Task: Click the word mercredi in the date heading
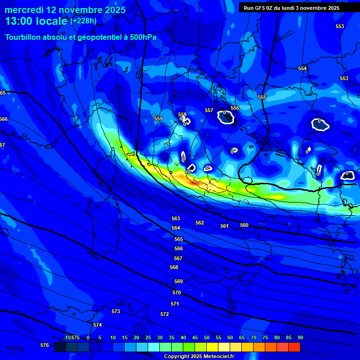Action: click(23, 10)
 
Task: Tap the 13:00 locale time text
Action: click(36, 21)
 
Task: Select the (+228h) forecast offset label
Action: click(83, 21)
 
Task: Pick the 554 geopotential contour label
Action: click(302, 68)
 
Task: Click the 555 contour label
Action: click(262, 97)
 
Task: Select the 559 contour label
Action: click(158, 119)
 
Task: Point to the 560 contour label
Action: click(244, 225)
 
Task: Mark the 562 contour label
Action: click(200, 223)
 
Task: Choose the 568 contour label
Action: click(174, 267)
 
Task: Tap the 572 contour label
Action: click(165, 314)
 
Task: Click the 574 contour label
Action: click(97, 325)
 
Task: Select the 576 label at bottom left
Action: click(45, 345)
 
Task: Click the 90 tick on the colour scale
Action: click(300, 337)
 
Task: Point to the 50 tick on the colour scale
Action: click(207, 337)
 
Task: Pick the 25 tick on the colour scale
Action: click(148, 337)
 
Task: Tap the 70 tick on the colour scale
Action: click(254, 337)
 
